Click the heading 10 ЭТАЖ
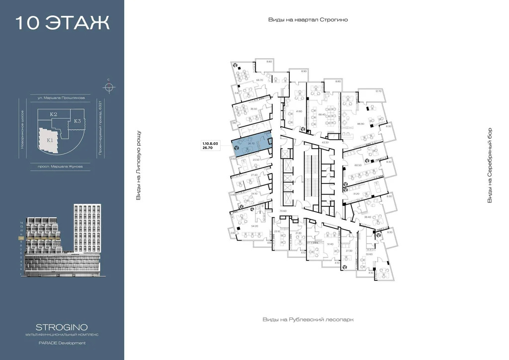pos(62,23)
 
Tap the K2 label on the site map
pos(53,115)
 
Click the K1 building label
pos(50,140)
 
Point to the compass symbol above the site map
pos(109,88)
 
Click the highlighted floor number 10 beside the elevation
pos(21,238)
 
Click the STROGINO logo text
pos(62,327)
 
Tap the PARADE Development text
pos(62,343)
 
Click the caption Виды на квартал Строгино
pos(308,20)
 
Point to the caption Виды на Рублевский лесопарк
pos(308,320)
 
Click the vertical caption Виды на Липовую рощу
pos(139,166)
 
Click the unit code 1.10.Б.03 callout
pos(210,143)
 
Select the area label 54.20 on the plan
pos(255,226)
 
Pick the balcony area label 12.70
pos(378,91)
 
